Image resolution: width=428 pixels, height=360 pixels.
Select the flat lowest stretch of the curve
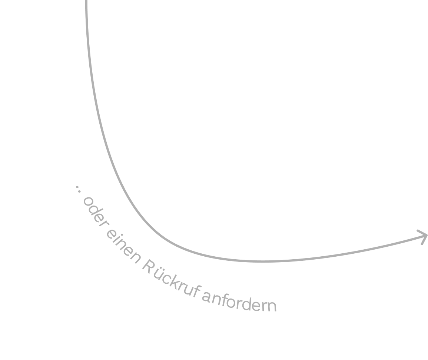pyautogui.click(x=265, y=261)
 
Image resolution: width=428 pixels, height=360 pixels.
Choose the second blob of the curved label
pyautogui.click(x=122, y=244)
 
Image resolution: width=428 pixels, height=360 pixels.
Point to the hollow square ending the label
pyautogui.click(x=273, y=308)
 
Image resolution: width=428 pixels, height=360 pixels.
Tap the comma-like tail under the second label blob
pyautogui.click(x=136, y=261)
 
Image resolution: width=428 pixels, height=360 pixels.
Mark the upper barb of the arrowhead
pyautogui.click(x=419, y=231)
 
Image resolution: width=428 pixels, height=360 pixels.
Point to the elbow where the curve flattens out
pyautogui.click(x=185, y=249)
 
